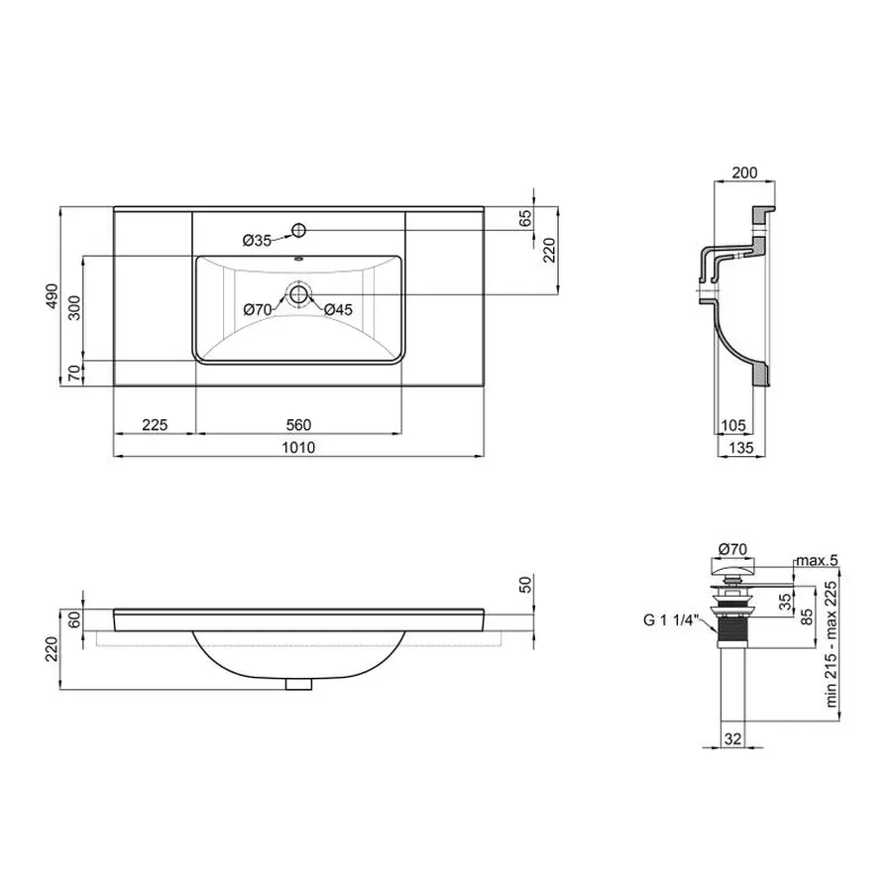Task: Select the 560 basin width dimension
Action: (298, 424)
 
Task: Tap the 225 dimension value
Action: (154, 424)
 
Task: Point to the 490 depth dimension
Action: (53, 296)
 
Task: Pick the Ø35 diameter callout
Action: (258, 240)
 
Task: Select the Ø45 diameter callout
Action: (339, 310)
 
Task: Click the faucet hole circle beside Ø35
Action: (297, 231)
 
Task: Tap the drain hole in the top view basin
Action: (297, 293)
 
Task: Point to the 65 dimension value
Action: (526, 218)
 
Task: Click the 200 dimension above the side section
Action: (743, 172)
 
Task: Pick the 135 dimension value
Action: (742, 448)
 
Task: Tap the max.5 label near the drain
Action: (818, 561)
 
